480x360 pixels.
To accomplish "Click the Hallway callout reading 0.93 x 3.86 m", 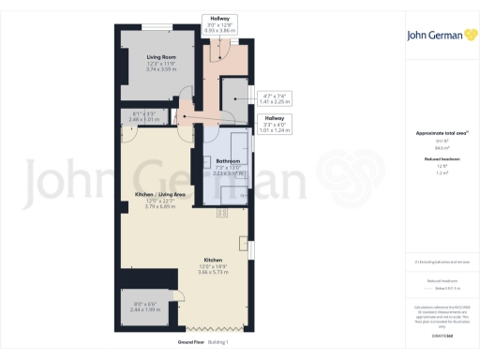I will tap(220, 30).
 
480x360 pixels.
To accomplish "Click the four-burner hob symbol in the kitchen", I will tap(223, 213).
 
